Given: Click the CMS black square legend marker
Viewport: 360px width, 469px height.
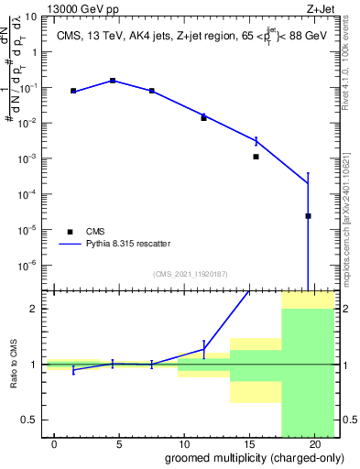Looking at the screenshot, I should coord(69,232).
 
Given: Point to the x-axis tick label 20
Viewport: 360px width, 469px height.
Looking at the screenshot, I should coord(314,443).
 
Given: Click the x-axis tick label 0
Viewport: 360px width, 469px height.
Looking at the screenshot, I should coord(55,443).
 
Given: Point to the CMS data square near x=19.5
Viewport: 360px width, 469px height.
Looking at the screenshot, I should coord(308,216).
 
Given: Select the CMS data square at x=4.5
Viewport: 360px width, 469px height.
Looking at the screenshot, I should coord(113,81).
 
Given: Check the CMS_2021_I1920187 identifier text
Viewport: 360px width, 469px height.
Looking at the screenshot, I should coord(191,274).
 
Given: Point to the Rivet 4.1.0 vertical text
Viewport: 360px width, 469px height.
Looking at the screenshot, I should coord(347,64).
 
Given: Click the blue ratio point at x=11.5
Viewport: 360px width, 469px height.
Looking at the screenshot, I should coord(203,349).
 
